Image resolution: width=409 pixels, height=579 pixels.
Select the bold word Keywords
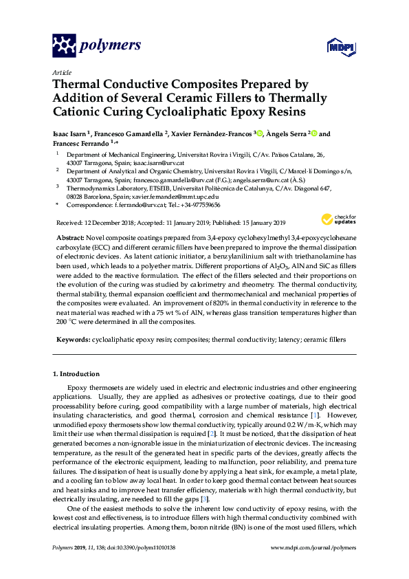[72, 340]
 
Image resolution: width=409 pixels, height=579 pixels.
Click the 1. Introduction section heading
[76, 374]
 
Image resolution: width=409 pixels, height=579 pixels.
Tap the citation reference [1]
[314, 416]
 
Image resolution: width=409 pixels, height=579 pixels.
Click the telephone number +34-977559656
[199, 205]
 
